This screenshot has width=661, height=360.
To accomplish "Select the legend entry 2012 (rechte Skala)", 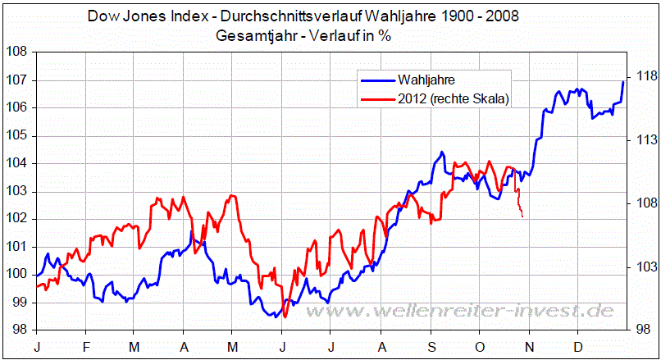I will pos(453,98).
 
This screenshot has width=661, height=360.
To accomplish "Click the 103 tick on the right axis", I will pos(642,267).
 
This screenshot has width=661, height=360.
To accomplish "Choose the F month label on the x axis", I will pos(87,347).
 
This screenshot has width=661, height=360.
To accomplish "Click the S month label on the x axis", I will pos(431,347).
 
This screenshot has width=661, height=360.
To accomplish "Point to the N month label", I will pos(530,347).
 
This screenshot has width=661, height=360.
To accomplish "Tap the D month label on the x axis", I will pos(579,347).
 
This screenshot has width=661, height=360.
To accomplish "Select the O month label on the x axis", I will pos(480,347).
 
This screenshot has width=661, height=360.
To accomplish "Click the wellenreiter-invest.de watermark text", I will pos(491,311).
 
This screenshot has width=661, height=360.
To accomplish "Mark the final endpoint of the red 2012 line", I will pos(522,216).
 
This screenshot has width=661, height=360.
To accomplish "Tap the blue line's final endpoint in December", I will pos(623,81).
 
